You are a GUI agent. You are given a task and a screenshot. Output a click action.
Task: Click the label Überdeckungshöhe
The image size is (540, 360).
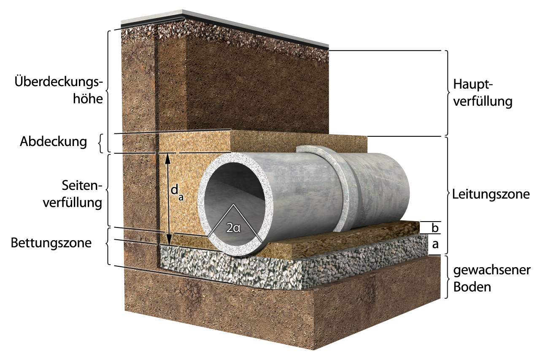click(59, 90)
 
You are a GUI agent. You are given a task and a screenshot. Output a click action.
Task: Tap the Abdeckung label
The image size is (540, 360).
click(53, 142)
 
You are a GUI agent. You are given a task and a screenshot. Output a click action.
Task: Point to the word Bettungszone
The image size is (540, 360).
click(51, 244)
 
